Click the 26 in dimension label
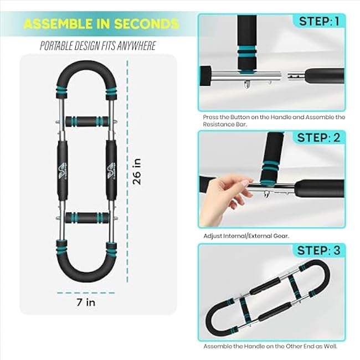tap(137, 171)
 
